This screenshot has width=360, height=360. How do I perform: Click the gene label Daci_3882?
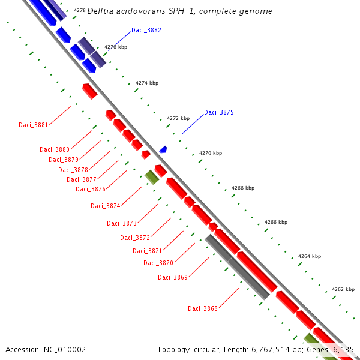click(x=146, y=30)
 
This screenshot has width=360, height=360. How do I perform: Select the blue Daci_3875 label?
click(x=219, y=112)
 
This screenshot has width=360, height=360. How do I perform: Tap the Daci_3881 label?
click(x=33, y=125)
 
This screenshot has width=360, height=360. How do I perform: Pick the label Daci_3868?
click(x=203, y=308)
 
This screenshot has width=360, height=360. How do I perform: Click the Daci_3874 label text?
click(x=106, y=206)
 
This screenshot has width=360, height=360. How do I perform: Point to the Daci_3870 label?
click(x=158, y=263)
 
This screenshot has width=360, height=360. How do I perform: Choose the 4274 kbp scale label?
click(x=147, y=83)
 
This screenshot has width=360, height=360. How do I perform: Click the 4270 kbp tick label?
click(x=211, y=153)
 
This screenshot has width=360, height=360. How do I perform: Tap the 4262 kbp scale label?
click(x=343, y=289)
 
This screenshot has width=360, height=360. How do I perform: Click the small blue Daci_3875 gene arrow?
click(x=163, y=149)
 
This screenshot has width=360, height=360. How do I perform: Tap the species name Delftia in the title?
click(x=100, y=11)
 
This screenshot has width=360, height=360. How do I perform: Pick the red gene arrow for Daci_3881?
click(x=90, y=91)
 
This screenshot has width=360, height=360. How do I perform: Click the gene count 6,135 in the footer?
click(x=343, y=349)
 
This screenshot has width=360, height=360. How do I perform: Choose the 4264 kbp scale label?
click(x=310, y=256)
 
